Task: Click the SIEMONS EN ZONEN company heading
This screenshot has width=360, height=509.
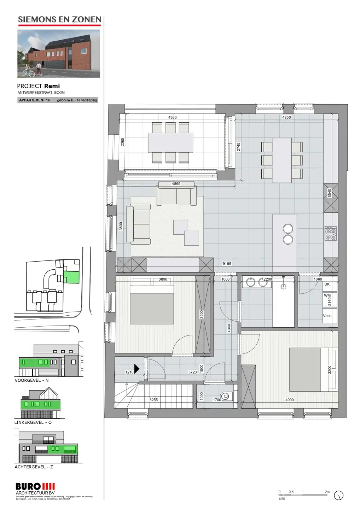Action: coord(59,20)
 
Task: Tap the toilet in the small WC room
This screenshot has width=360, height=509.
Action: coord(225,396)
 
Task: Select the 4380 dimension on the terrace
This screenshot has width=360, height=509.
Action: coord(172,117)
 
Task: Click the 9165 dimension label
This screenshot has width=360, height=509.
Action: coord(227,264)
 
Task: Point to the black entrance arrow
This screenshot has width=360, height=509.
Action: coord(137,369)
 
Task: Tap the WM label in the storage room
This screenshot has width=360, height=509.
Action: coord(327,296)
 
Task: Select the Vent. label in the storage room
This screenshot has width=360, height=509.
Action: coord(327,316)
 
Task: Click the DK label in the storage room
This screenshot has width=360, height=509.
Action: coord(327,284)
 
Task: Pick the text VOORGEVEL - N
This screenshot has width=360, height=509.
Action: coord(31,380)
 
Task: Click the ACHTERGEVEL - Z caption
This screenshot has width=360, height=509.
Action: coord(34,467)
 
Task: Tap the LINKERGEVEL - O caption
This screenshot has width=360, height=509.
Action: coord(33,422)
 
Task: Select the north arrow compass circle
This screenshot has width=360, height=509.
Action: coord(338,496)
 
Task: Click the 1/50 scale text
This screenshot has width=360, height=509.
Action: coord(281,499)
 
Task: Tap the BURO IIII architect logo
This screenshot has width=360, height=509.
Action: coord(35,487)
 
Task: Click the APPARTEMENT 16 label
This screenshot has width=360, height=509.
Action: coord(34,100)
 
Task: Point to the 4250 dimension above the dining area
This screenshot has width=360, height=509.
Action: coord(286,117)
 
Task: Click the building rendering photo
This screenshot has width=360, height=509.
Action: coord(59,53)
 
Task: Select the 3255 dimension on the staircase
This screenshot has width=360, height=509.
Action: coord(153,400)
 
